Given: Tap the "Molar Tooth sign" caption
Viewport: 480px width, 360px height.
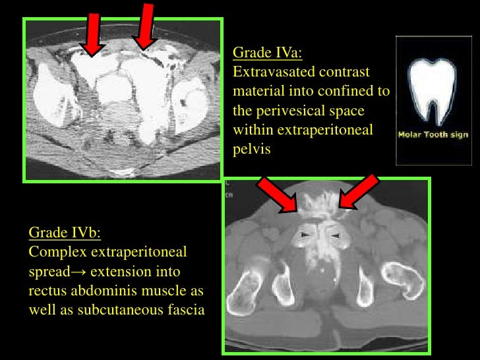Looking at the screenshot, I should [x=433, y=135].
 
